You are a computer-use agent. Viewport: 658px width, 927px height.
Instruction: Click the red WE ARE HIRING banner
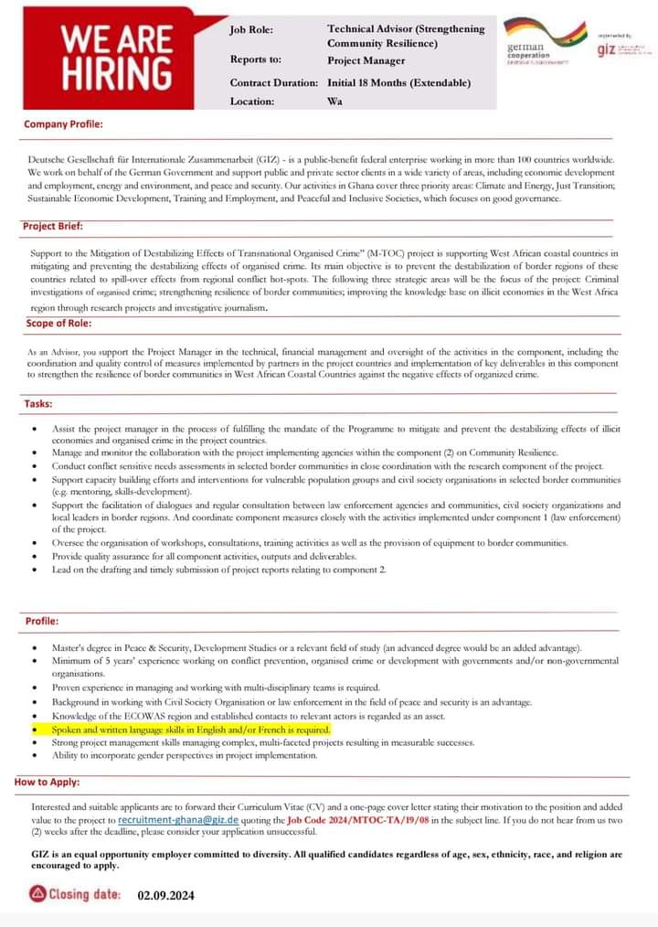pos(116,59)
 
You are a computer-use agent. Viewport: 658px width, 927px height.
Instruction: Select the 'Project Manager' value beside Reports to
pos(366,60)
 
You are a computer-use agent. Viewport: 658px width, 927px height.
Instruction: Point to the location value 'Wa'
pos(334,101)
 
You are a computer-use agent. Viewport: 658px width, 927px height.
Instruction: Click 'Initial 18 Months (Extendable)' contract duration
pos(398,82)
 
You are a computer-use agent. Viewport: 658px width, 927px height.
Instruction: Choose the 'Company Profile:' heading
pos(63,123)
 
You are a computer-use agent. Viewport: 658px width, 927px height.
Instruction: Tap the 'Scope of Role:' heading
pos(58,323)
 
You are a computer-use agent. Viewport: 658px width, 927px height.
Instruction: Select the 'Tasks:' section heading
pos(38,403)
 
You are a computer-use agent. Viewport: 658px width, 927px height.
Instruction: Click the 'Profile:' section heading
pos(42,621)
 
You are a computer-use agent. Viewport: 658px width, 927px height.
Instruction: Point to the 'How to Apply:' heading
pos(47,782)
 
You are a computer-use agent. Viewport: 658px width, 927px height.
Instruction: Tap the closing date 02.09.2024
pos(166,895)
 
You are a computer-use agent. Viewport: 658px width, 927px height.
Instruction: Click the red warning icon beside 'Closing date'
pos(37,894)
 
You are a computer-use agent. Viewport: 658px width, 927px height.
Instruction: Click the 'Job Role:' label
pos(251,29)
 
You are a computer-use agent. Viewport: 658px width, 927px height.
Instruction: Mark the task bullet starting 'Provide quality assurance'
pos(204,556)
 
